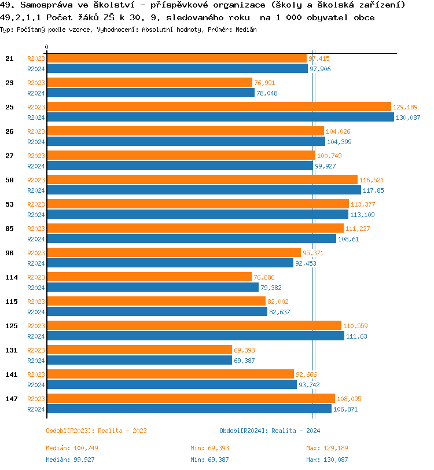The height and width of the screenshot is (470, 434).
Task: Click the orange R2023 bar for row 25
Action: pos(219,107)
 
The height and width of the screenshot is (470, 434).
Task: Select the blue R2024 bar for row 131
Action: pos(139,361)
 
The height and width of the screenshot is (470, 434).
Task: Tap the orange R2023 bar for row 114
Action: pos(149,277)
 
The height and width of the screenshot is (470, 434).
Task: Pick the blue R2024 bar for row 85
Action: pos(191,239)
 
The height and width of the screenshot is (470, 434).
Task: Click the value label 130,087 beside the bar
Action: pos(408,117)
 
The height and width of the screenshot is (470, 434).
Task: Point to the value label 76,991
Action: pos(264,83)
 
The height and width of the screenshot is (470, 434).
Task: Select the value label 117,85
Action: pos(373,190)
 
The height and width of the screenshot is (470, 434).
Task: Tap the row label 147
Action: pos(11,399)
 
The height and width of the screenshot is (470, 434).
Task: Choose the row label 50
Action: pos(9,180)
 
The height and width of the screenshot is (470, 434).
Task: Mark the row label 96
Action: pos(9,253)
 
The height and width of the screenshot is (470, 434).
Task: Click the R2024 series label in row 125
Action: pos(36,336)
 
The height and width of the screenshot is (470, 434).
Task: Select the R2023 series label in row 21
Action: pos(36,58)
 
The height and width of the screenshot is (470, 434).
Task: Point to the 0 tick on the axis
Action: pos(47,47)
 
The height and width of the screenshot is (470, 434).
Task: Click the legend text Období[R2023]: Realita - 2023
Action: pos(96,431)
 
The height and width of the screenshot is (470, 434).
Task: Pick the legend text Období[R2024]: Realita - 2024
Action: pos(270,431)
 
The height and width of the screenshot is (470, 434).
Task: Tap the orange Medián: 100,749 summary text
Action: pos(72,448)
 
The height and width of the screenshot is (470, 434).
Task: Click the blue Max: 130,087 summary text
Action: pos(328,460)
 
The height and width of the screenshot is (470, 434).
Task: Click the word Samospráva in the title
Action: pos(46,5)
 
